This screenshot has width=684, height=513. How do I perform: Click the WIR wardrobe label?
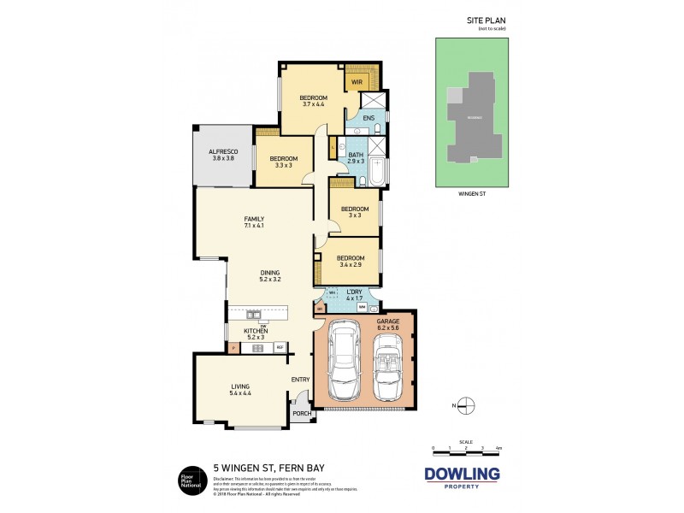coord(356,82)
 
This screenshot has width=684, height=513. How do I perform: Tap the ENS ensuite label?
coord(369,118)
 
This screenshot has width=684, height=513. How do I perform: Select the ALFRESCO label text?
coord(221,152)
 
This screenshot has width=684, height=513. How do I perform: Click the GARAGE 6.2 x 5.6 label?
coord(388,324)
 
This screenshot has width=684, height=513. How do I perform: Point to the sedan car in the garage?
coord(346,361)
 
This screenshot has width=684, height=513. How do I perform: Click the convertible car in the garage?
coord(389,365)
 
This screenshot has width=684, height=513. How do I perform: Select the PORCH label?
coord(302,414)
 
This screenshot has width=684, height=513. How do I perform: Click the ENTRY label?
coord(299,380)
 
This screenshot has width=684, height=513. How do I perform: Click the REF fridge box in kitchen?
coord(279,347)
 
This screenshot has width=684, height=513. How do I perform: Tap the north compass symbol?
coord(465,405)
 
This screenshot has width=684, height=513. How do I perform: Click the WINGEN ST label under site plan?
coord(472,194)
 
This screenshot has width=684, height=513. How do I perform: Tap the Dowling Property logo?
coord(463,477)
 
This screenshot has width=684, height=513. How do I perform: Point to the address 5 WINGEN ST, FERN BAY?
coord(258,469)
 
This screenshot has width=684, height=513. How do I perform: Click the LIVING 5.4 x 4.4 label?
coord(239,392)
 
